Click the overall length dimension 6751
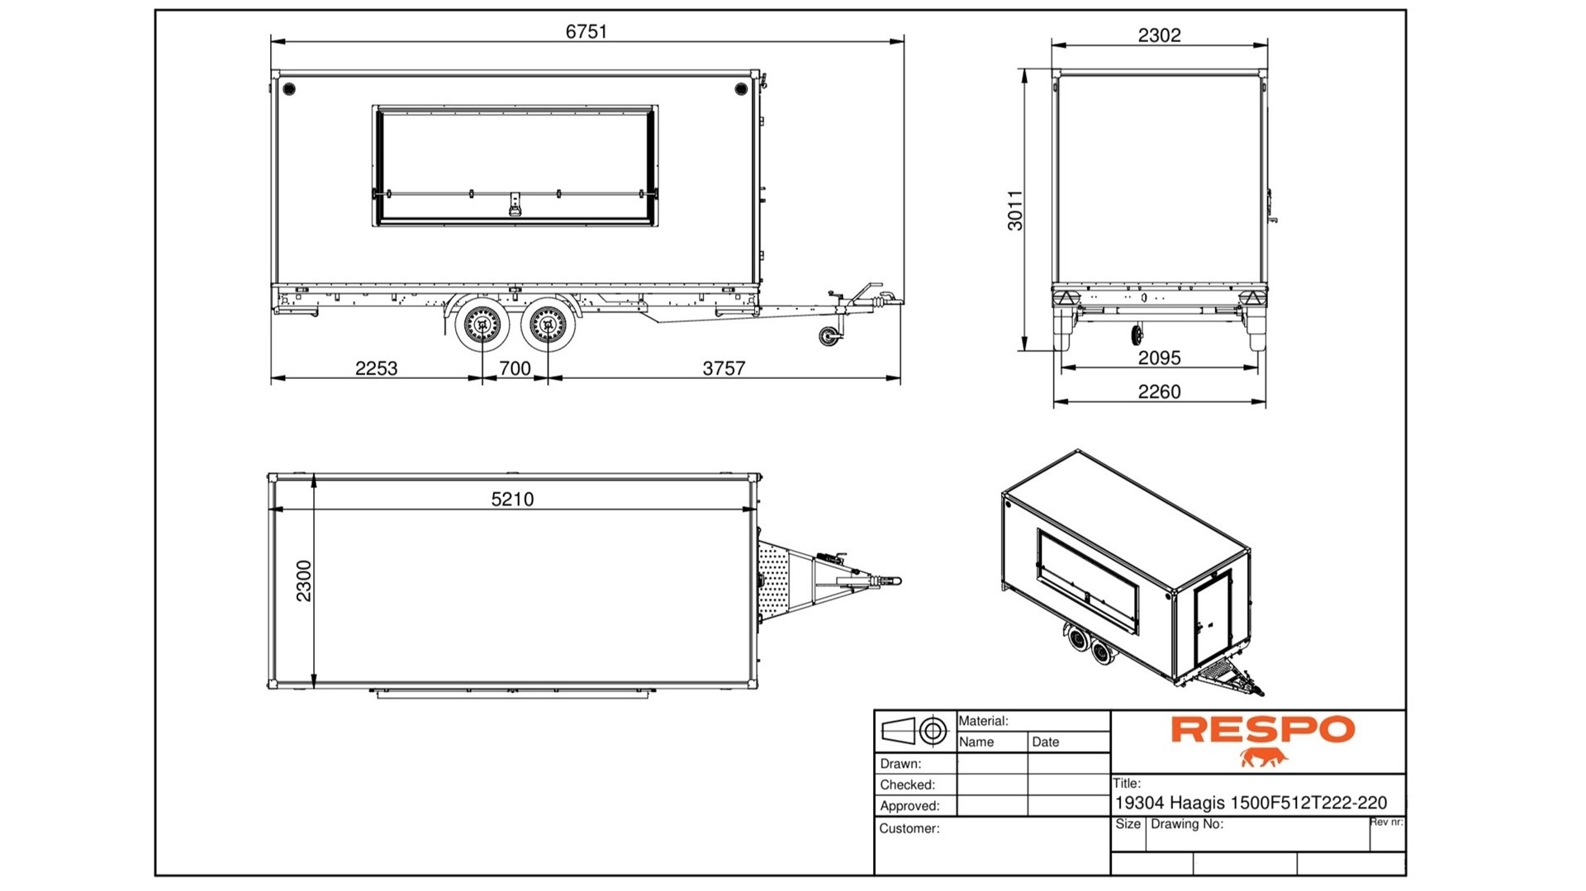click(586, 31)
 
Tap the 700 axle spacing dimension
click(515, 368)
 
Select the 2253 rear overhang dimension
click(376, 368)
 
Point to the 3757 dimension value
click(724, 368)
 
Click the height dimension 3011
click(1015, 211)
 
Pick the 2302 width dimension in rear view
click(1159, 36)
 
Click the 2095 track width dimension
click(1159, 358)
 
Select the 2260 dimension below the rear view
click(1159, 391)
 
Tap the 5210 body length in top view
click(512, 499)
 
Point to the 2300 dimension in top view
click(304, 581)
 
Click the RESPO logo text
click(1262, 730)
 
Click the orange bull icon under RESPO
click(1263, 757)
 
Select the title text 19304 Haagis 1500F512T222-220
click(1251, 803)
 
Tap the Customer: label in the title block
click(909, 828)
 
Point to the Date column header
click(1045, 742)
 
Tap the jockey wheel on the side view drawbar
click(826, 336)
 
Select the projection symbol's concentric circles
click(933, 731)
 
